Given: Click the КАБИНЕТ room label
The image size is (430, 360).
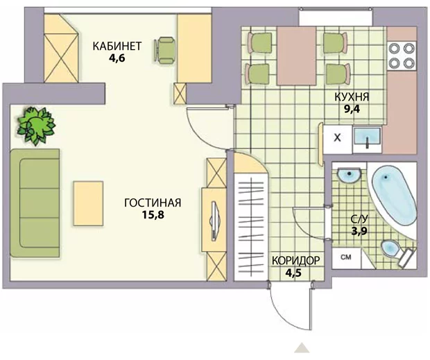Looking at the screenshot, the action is point(117,46).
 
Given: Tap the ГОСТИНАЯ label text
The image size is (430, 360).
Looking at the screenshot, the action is point(153,203).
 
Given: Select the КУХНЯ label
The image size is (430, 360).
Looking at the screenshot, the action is point(352,97).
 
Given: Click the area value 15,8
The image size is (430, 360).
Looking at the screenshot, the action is point(153,215).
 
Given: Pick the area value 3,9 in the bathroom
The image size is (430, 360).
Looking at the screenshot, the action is point(359,232).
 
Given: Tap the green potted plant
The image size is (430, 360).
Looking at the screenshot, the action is point(36,126).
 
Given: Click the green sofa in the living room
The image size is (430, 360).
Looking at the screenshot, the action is point(35,203).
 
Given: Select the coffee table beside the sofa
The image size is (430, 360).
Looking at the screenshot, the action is point(88,203).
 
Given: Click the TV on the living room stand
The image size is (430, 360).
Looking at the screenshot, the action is point(214,221).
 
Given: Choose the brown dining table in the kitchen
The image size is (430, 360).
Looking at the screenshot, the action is point(296,55).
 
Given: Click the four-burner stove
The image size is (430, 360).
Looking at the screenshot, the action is point(402,55).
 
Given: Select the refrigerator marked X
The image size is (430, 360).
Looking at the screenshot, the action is point(338,139).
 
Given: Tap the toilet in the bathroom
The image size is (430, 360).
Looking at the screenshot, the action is point(397,252).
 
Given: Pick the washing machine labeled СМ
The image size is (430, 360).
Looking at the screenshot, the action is point(346,258).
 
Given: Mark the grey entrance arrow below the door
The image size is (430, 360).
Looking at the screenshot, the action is point(302,348).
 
